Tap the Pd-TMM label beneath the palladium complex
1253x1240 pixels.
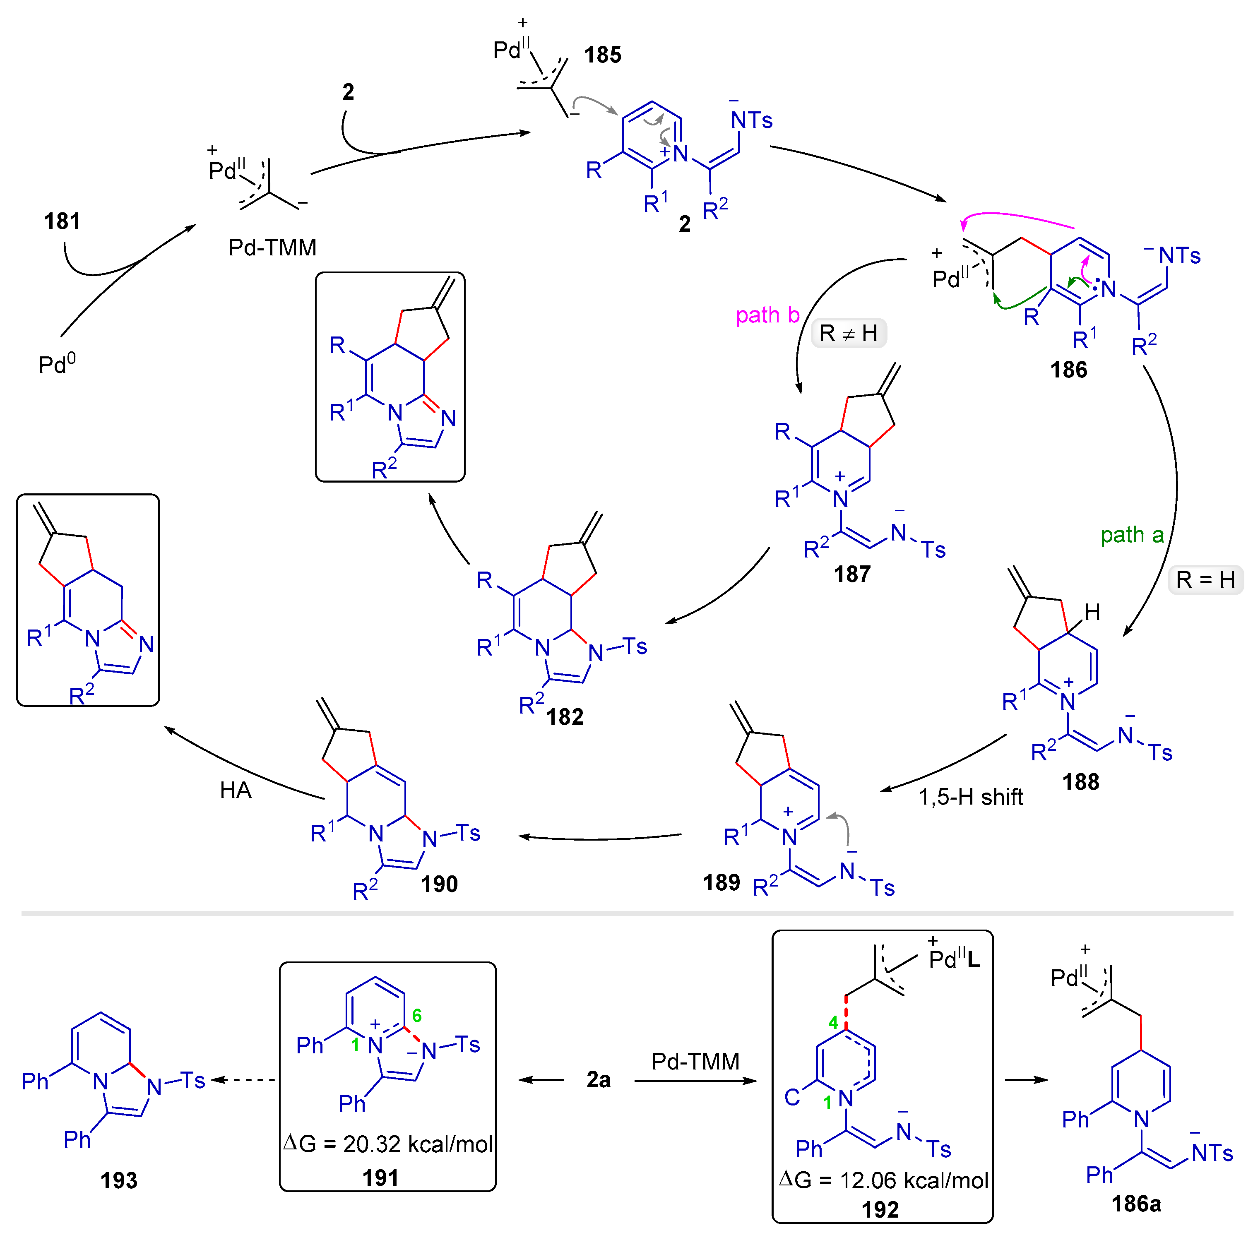click(272, 247)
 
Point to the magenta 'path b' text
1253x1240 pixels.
click(767, 315)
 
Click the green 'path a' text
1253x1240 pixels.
click(1132, 535)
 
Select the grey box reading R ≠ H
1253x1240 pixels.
click(848, 333)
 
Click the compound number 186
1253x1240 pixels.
click(1068, 370)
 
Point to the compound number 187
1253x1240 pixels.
click(851, 574)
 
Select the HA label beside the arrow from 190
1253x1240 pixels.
click(236, 790)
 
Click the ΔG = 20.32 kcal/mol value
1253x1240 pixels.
click(388, 1144)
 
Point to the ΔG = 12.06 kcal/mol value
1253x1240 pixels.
click(883, 1180)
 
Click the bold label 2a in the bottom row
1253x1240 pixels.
click(598, 1080)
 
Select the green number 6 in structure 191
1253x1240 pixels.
click(417, 1016)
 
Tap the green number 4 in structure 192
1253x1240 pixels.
click(833, 1023)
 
